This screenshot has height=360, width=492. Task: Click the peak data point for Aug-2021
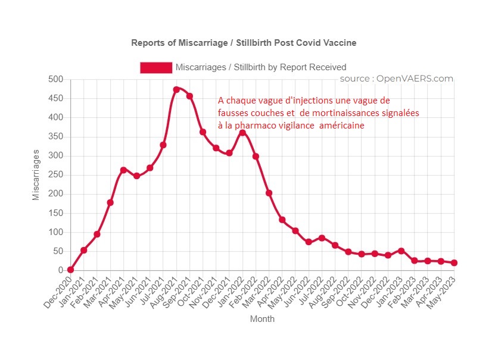(176, 90)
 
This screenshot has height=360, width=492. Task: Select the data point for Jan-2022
(242, 133)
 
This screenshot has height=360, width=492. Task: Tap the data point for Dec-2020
(71, 270)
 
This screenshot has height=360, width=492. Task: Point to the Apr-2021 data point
(123, 170)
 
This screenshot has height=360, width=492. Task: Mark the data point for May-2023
(454, 262)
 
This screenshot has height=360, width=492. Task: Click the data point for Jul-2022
(322, 238)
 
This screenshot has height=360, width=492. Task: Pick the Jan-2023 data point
(401, 251)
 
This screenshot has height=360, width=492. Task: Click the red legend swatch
(156, 67)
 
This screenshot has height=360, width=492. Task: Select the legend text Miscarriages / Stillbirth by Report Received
(261, 67)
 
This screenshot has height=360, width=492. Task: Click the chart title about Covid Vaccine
(244, 43)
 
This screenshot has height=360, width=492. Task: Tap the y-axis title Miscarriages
(36, 175)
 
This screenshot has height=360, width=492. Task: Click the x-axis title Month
(263, 319)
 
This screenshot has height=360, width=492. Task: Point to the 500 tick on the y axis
(56, 79)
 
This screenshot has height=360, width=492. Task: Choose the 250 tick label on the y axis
(56, 175)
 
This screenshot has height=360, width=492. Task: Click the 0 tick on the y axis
(61, 270)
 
